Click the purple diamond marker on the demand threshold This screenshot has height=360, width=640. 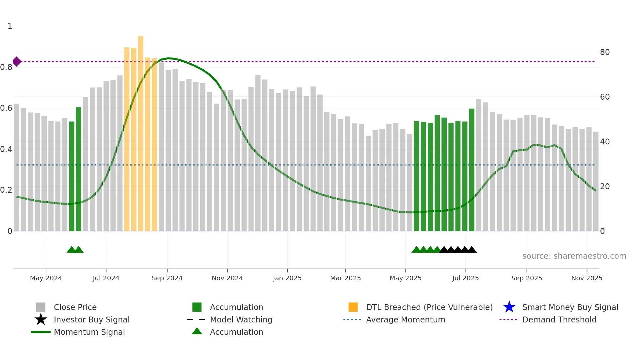17,61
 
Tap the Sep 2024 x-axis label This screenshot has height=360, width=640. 167,278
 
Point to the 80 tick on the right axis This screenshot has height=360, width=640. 605,52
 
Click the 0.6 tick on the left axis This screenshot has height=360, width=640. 6,108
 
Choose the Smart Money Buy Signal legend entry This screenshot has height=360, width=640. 570,307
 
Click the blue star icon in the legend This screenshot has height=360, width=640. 509,307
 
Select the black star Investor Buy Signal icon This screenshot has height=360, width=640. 41,319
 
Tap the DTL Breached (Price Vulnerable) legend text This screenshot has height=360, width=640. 429,307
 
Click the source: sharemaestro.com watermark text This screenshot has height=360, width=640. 574,256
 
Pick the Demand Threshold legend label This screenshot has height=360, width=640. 559,320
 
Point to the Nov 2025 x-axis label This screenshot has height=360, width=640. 586,278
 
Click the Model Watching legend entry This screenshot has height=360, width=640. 241,320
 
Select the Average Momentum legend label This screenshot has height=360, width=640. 405,320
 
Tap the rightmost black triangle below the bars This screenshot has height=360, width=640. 472,250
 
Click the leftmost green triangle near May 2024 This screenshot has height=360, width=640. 71,250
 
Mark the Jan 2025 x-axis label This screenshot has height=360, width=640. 287,278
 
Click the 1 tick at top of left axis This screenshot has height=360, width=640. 10,26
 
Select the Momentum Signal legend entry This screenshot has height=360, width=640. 89,332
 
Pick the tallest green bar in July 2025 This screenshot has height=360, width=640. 472,170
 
